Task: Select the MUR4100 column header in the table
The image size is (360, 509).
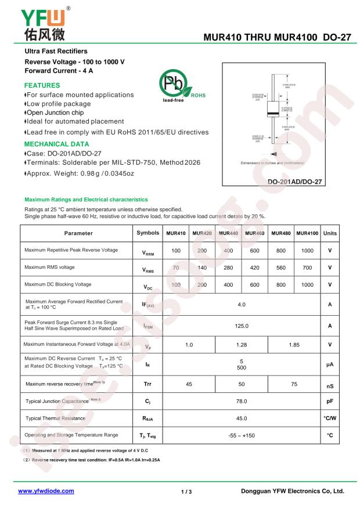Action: [x=307, y=233]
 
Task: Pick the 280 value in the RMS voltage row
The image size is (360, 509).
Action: [x=228, y=268]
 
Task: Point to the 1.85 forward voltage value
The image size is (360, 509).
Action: [x=294, y=344]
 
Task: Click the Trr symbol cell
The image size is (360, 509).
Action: [x=147, y=384]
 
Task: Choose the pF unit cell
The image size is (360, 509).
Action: [x=330, y=401]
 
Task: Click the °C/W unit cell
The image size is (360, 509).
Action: [x=330, y=418]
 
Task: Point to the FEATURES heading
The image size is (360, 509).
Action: [x=42, y=85]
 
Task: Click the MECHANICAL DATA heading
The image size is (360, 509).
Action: [x=56, y=144]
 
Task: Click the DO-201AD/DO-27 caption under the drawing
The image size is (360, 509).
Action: [x=295, y=182]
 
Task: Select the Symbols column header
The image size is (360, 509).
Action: [x=147, y=233]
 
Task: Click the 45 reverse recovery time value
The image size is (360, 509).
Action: [x=189, y=384]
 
